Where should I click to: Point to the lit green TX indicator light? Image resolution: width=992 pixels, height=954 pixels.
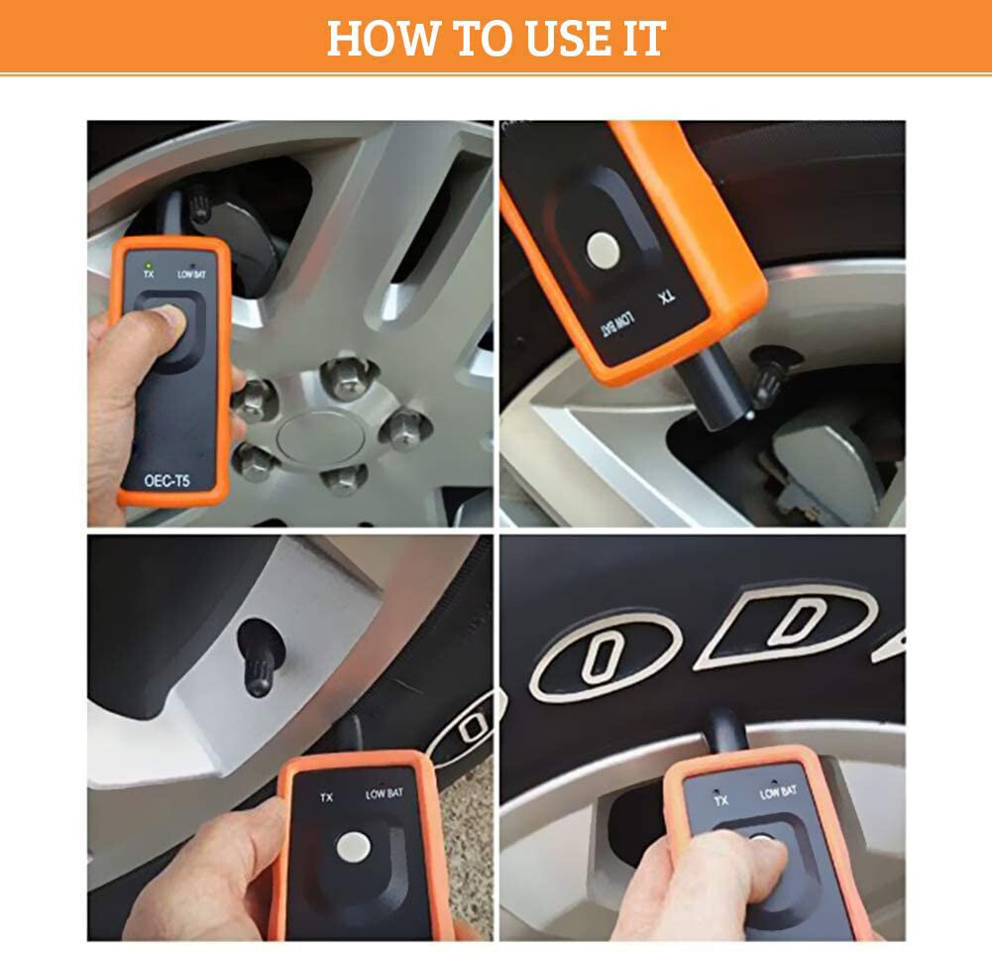click(x=148, y=264)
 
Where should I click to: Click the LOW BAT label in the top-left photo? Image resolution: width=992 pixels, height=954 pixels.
click(x=191, y=274)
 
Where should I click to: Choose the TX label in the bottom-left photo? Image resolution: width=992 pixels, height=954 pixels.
click(x=325, y=796)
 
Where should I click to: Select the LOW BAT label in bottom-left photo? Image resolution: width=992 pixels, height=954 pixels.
click(x=386, y=793)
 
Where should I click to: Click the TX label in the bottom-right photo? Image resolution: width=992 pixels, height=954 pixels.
click(x=720, y=798)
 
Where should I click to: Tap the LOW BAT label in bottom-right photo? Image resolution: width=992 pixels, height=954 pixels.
click(x=778, y=791)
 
